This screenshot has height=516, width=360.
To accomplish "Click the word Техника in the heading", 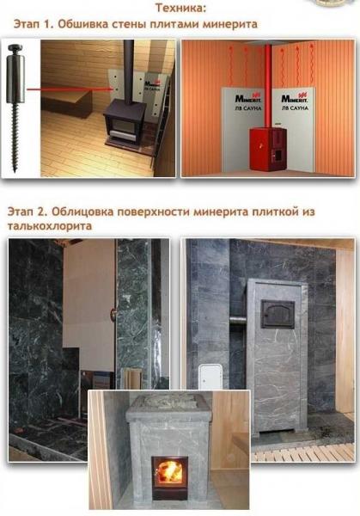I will pos(180,8).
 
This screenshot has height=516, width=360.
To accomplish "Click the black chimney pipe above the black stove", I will pos(128,69).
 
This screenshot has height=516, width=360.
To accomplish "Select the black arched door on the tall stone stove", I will pos(278,313).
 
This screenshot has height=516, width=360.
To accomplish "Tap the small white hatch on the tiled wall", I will pos(210,374).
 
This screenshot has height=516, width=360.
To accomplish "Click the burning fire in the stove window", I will pos(169,470).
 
